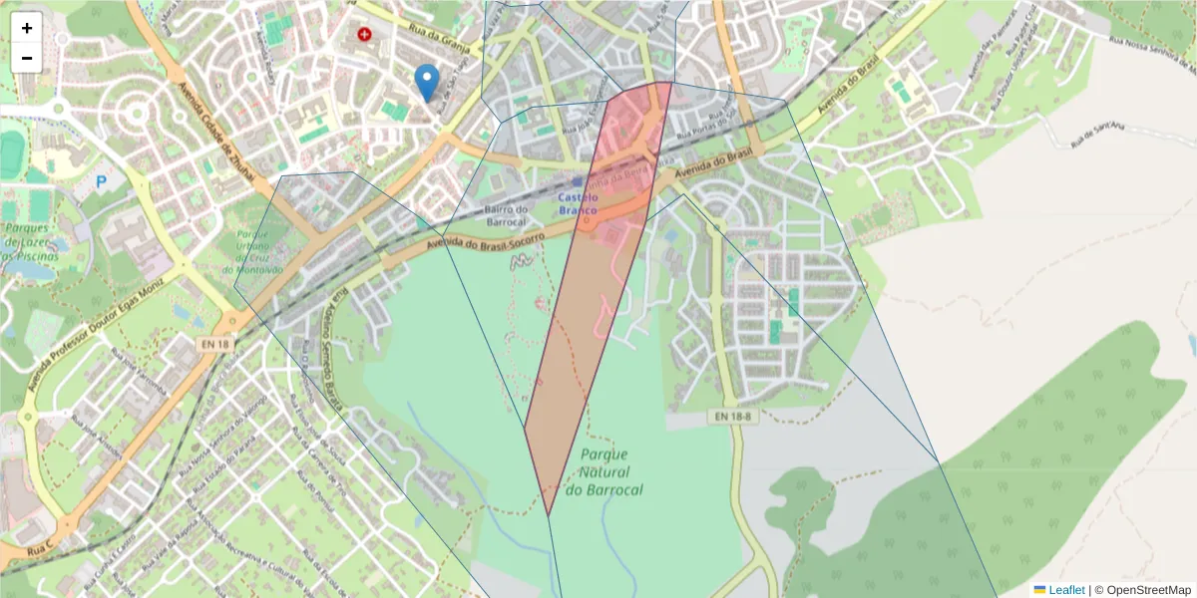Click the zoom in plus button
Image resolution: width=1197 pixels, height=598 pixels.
27,28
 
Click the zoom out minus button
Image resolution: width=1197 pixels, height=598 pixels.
27,58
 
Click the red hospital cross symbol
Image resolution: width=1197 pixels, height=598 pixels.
364,34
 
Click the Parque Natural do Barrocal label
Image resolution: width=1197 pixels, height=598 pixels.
603,471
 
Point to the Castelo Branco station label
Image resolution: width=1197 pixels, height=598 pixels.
578,204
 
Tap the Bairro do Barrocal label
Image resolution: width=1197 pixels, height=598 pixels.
505,215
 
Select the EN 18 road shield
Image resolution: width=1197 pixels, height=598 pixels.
214,344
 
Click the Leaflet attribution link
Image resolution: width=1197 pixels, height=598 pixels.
1066,590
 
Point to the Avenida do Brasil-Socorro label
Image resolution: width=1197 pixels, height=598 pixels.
486,240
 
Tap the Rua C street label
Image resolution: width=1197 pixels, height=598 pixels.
41,548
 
